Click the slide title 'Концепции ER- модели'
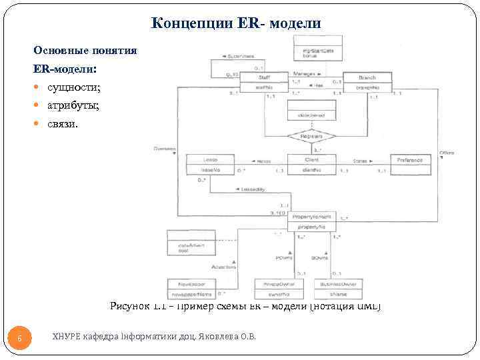[236, 23]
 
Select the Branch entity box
[367, 82]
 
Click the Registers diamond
[312, 136]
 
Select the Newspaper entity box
[191, 288]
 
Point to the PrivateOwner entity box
[279, 288]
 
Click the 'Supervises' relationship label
[239, 57]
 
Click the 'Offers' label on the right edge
[446, 153]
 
